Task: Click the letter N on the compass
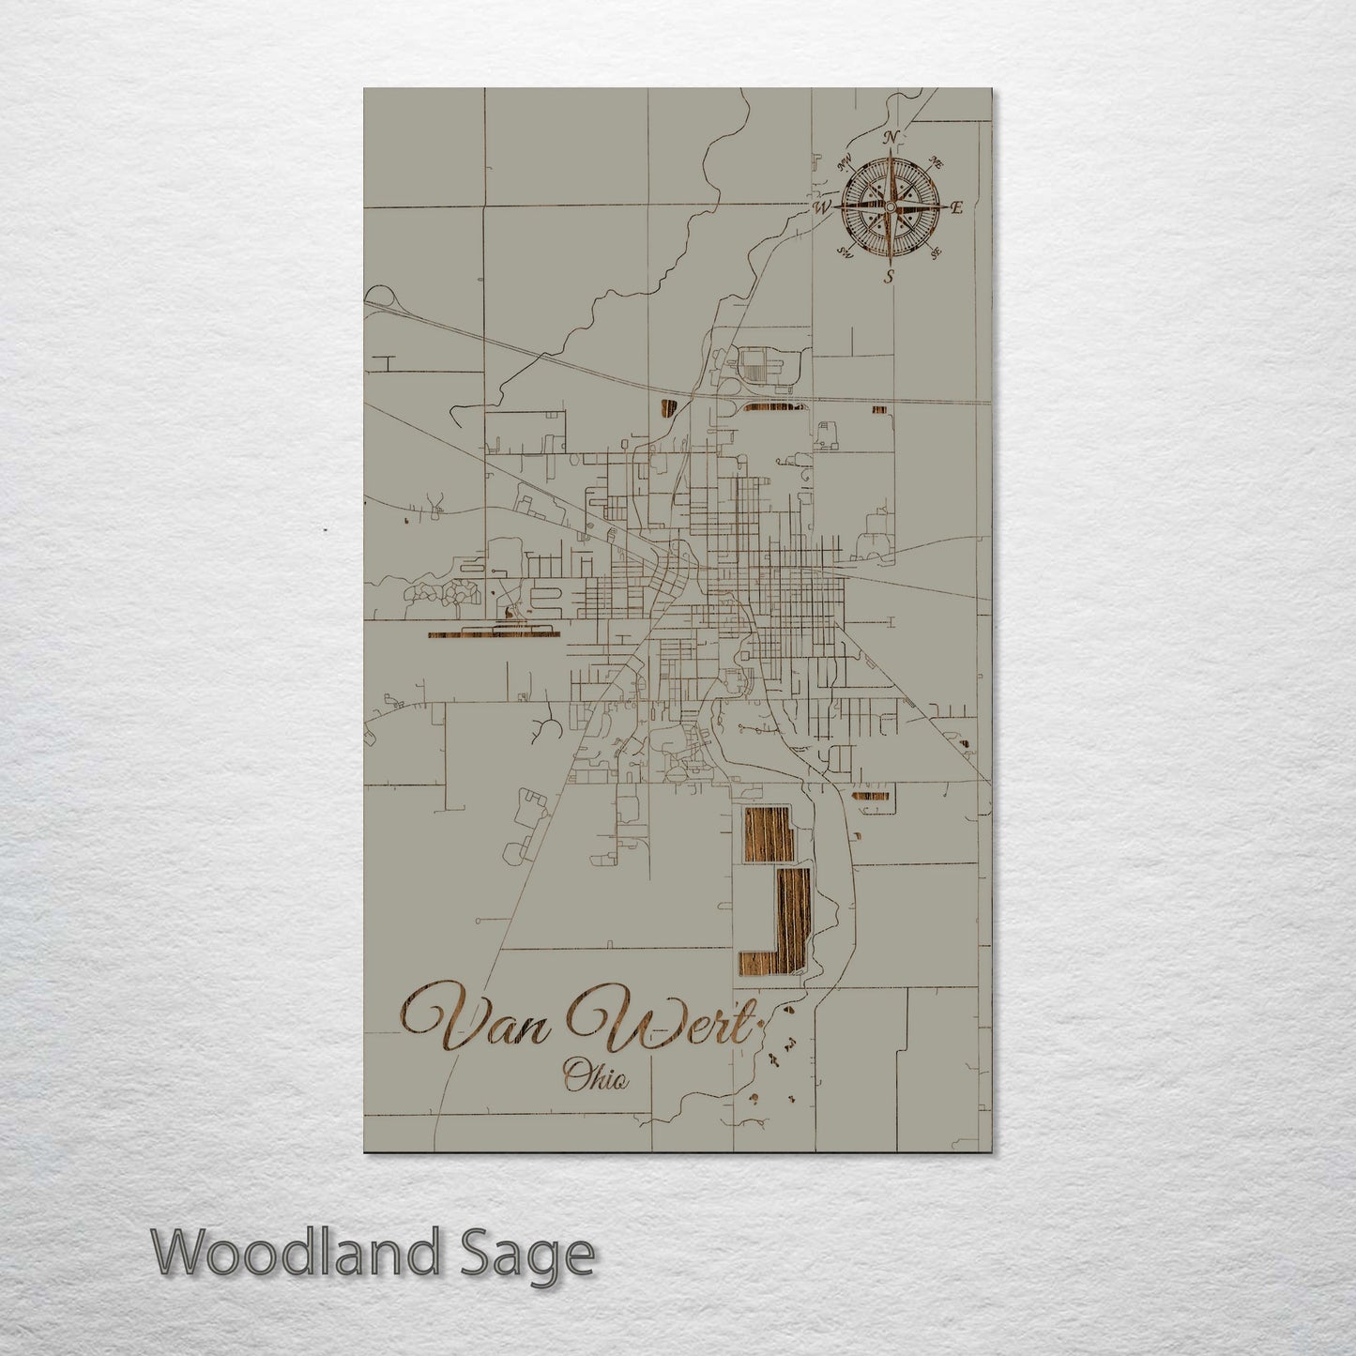[891, 138]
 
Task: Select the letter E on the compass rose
[956, 208]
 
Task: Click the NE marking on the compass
[936, 161]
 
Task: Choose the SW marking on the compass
[845, 251]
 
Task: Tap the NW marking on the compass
[845, 160]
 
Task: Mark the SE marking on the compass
[935, 251]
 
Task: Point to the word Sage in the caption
[536, 1255]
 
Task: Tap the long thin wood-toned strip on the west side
[493, 634]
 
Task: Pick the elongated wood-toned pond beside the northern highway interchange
[772, 408]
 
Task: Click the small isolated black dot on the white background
[325, 530]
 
